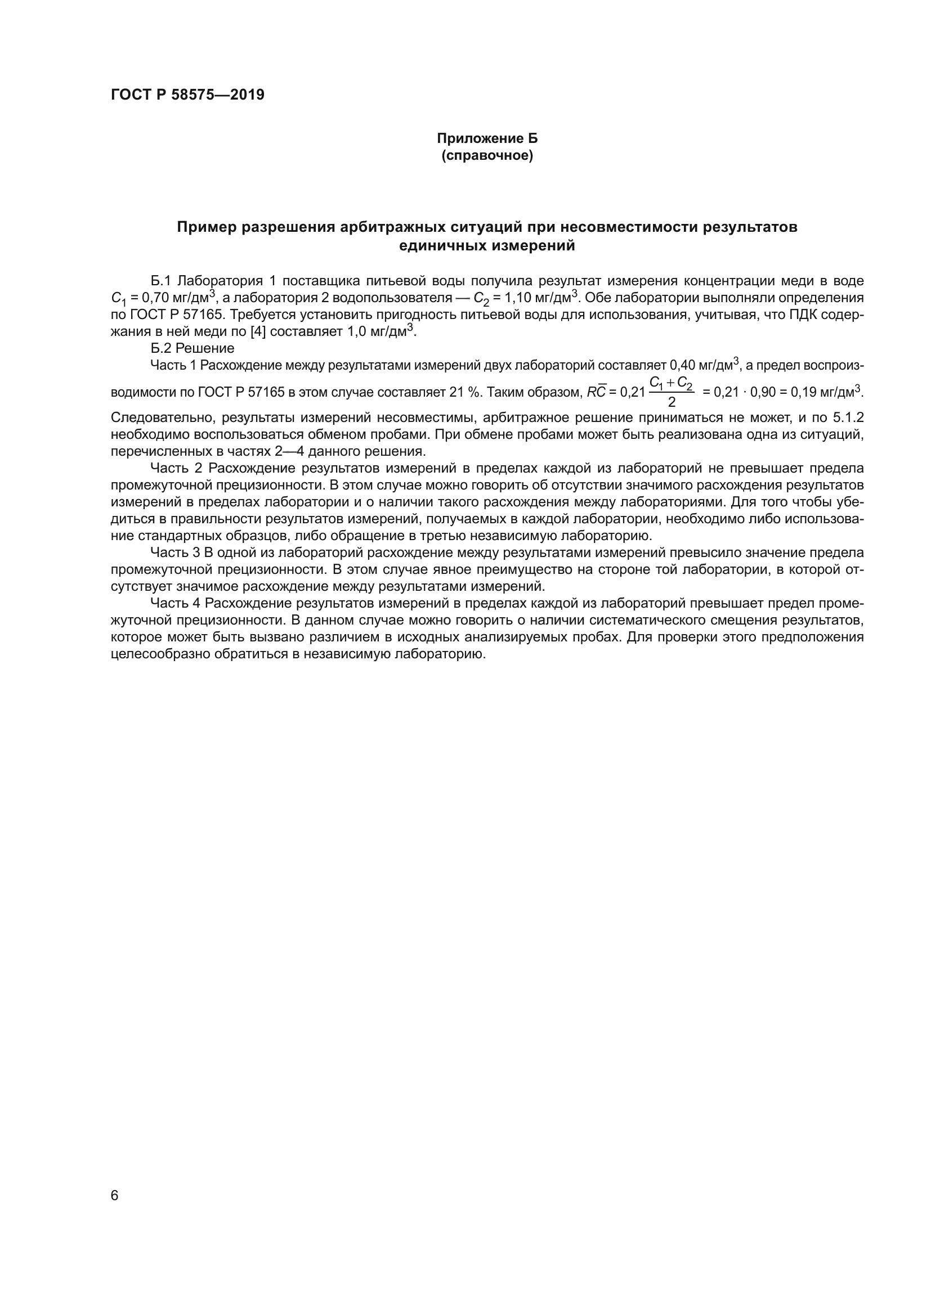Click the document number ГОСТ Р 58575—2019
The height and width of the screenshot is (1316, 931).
pos(187,95)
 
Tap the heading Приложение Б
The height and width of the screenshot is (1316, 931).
pos(487,139)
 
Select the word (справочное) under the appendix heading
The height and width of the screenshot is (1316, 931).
pos(487,156)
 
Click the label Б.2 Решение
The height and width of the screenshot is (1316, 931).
pos(192,348)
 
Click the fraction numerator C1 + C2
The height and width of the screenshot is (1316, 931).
pos(671,384)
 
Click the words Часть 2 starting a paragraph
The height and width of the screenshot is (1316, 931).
pos(177,468)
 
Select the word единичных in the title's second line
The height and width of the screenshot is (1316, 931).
pos(443,246)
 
